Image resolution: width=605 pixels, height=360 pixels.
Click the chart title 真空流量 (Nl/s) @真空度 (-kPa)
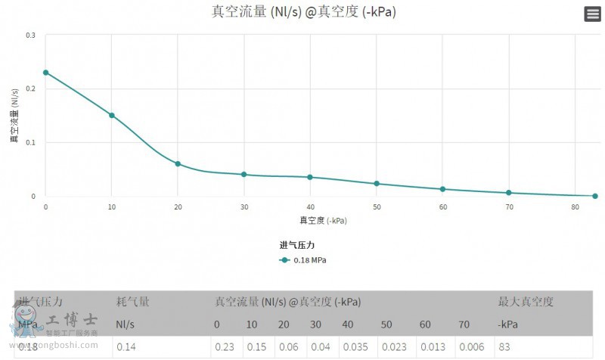pyautogui.click(x=302, y=12)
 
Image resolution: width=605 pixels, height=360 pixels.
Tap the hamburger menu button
pyautogui.click(x=593, y=14)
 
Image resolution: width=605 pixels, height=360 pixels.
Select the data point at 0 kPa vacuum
pyautogui.click(x=46, y=73)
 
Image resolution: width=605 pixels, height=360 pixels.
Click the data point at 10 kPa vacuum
pyautogui.click(x=112, y=116)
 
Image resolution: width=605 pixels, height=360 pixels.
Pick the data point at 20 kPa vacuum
pyautogui.click(x=178, y=164)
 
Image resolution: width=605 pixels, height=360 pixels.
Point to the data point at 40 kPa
pyautogui.click(x=310, y=177)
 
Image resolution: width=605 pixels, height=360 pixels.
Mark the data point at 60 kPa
pyautogui.click(x=443, y=189)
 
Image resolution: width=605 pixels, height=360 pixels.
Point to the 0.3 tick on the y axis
pyautogui.click(x=30, y=35)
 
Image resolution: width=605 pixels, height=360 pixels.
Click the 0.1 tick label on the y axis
pyautogui.click(x=30, y=142)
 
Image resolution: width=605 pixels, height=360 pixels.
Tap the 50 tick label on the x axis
pyautogui.click(x=377, y=207)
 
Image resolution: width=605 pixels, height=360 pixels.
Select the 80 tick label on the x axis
pyautogui.click(x=576, y=207)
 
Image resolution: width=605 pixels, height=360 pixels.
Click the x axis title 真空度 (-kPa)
pyautogui.click(x=323, y=221)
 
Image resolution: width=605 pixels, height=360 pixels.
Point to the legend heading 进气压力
pyautogui.click(x=296, y=245)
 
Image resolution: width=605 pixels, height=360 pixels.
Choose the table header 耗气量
pyautogui.click(x=132, y=302)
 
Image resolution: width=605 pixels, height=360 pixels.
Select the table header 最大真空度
pyautogui.click(x=526, y=302)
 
